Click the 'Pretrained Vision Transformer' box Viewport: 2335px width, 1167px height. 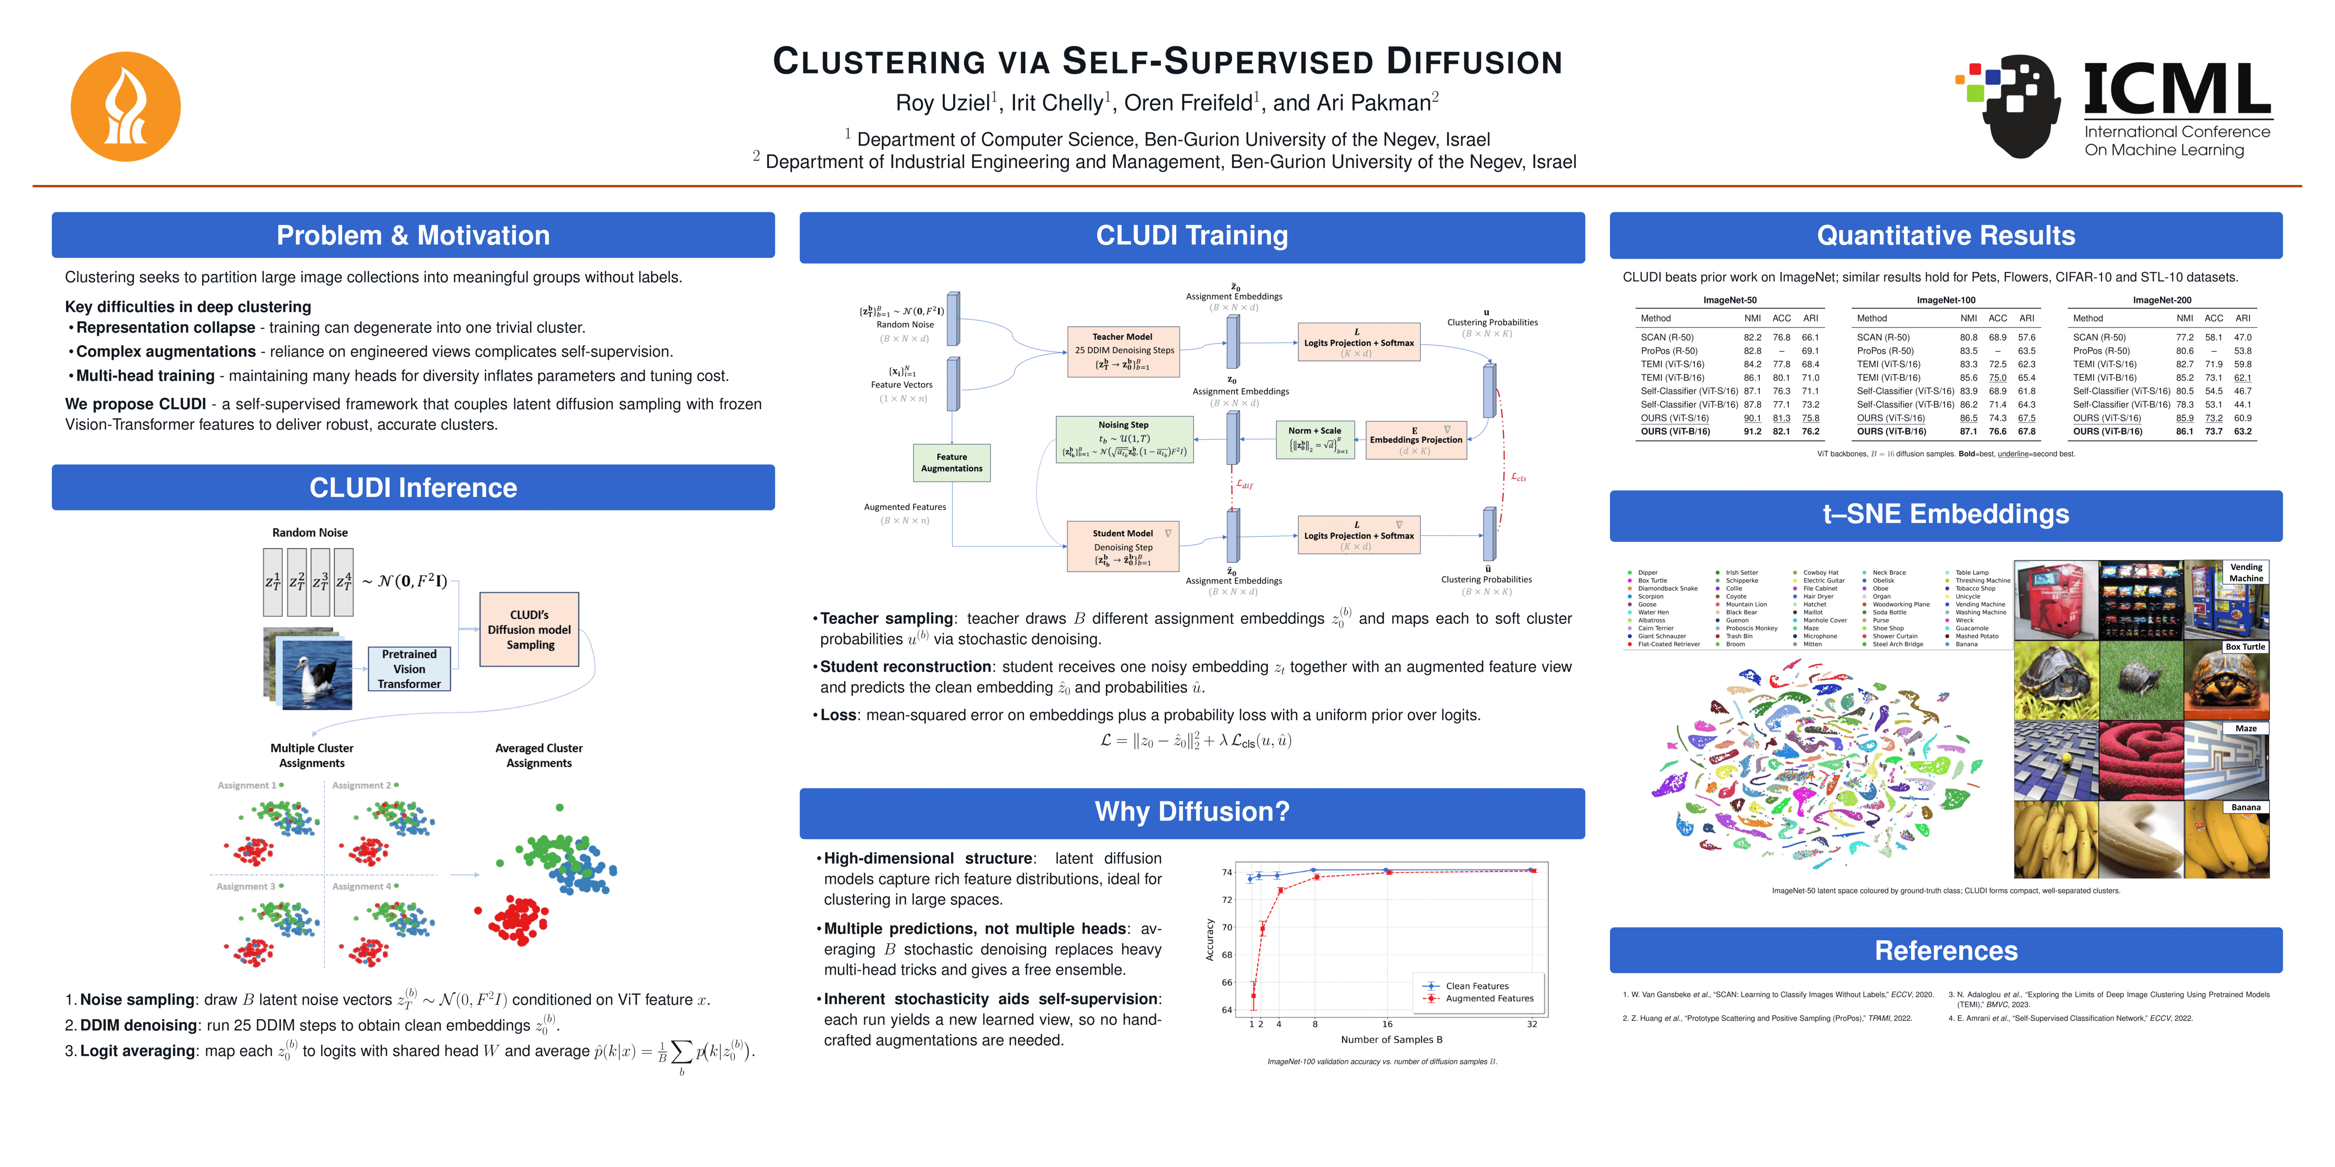click(x=409, y=669)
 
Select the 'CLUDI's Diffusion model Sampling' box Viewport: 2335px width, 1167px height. click(x=529, y=630)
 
